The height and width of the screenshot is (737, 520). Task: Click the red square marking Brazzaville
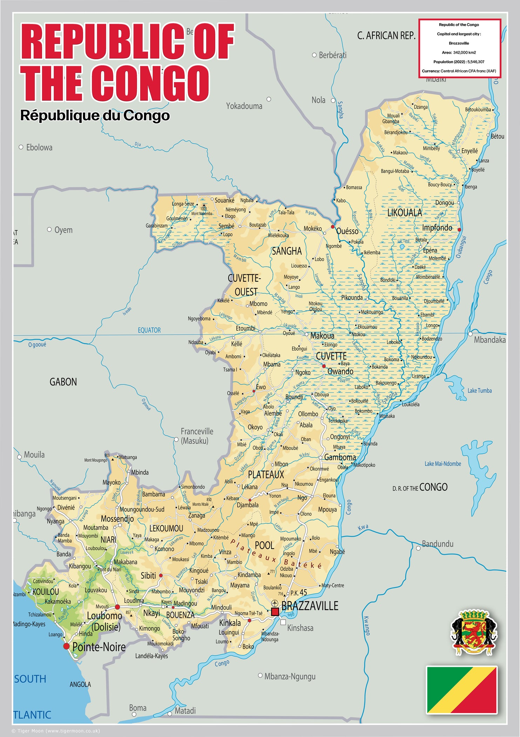[x=275, y=612]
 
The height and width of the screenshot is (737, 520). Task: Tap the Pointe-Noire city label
[x=99, y=647]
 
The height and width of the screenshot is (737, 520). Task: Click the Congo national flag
[x=461, y=690]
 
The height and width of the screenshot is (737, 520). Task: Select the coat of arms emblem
[x=473, y=632]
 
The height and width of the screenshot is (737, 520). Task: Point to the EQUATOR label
[x=149, y=330]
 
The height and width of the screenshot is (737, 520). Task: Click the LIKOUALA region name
[x=404, y=213]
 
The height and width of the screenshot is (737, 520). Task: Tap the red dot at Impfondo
[x=459, y=230]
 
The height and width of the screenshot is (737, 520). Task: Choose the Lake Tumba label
[x=479, y=391]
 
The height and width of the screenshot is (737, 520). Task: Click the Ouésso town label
[x=347, y=231]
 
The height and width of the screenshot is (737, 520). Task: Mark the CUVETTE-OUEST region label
[x=244, y=285]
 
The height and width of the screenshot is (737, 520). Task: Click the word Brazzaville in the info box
[x=459, y=43]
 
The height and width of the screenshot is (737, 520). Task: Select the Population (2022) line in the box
[x=459, y=62]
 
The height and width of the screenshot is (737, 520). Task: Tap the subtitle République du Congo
[x=95, y=115]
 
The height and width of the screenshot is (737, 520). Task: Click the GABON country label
[x=63, y=382]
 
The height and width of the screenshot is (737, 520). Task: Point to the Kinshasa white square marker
[x=283, y=622]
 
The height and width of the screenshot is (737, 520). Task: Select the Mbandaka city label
[x=489, y=340]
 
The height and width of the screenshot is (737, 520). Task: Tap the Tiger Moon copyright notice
[x=56, y=731]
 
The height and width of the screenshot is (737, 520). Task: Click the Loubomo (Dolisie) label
[x=104, y=621]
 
